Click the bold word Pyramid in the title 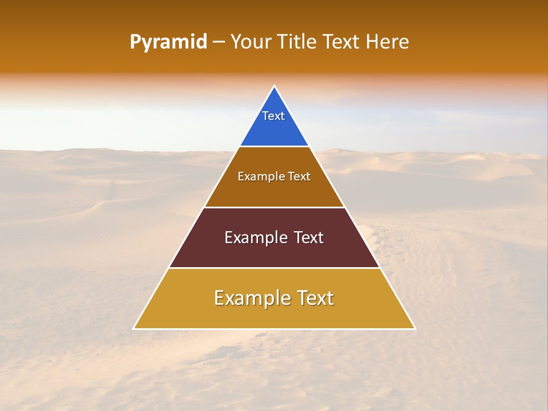pyautogui.click(x=168, y=42)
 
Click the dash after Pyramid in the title pyautogui.click(x=219, y=42)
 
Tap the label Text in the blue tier pyautogui.click(x=273, y=116)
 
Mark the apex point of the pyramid pyautogui.click(x=275, y=86)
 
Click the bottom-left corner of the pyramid pyautogui.click(x=134, y=329)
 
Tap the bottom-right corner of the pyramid pyautogui.click(x=415, y=329)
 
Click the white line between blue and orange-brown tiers pyautogui.click(x=275, y=147)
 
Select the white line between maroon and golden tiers pyautogui.click(x=275, y=268)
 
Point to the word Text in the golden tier pyautogui.click(x=313, y=298)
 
